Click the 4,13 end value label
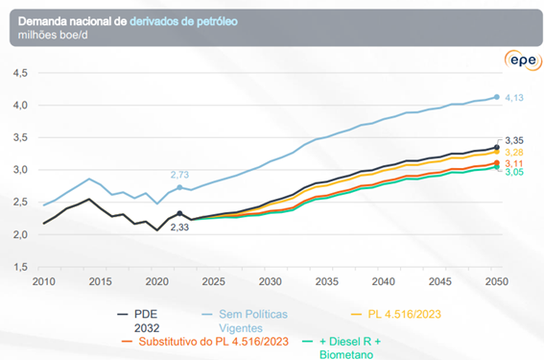[515, 98]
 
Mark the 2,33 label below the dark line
[179, 227]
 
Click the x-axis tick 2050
[495, 281]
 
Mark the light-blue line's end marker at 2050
[496, 97]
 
